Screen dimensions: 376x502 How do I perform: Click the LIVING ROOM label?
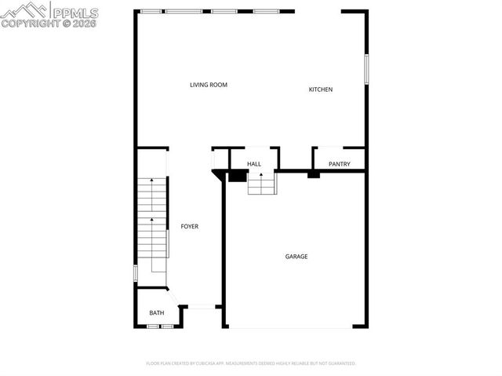tap(209, 85)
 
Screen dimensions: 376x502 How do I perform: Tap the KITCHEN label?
tap(320, 89)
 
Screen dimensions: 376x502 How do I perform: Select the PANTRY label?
tap(340, 164)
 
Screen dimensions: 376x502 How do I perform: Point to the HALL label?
tap(254, 164)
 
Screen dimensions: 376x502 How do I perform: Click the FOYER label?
tap(190, 226)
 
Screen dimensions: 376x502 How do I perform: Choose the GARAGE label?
tap(296, 257)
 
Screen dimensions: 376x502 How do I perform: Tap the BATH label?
tap(157, 313)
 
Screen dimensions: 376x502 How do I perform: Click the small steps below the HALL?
tap(262, 184)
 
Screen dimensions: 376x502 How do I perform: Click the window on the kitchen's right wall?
tap(366, 68)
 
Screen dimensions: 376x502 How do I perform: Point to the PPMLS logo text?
tap(76, 12)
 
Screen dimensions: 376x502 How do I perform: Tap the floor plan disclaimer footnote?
tap(251, 363)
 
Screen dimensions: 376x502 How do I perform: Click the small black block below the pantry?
tap(314, 174)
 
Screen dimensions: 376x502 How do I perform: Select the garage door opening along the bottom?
tap(289, 327)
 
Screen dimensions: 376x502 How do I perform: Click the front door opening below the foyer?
tap(202, 307)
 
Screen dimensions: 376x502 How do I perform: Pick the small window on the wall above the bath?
tap(136, 273)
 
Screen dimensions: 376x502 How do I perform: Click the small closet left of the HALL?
tap(220, 159)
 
